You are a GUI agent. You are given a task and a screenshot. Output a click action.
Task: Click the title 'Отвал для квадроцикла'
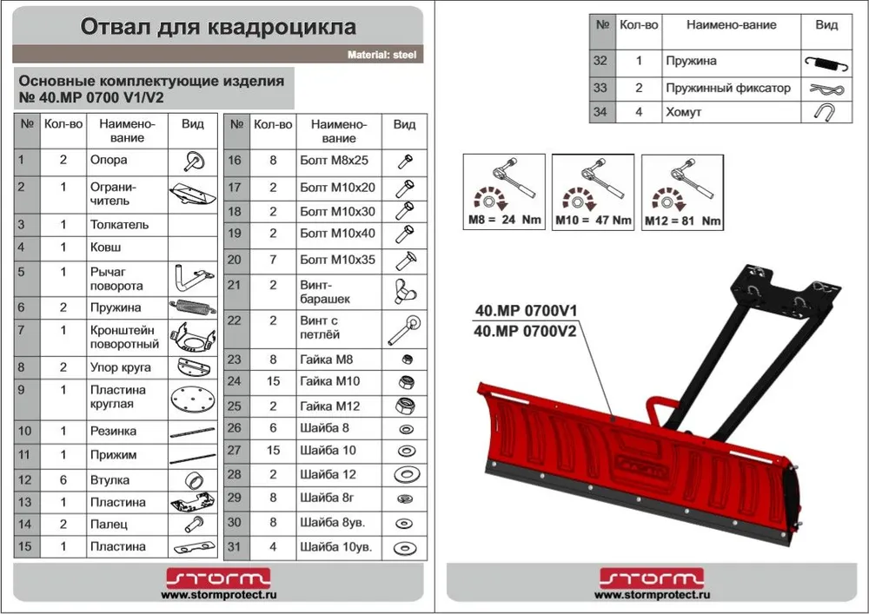pos(218,27)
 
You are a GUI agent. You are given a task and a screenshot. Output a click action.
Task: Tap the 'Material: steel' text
pos(381,55)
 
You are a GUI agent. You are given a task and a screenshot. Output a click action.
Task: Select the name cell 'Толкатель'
pos(120,225)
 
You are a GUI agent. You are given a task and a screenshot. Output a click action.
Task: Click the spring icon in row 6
pos(192,307)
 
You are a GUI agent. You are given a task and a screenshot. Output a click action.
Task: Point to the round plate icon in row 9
pos(192,399)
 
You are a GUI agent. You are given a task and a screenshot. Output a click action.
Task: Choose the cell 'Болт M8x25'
pos(335,161)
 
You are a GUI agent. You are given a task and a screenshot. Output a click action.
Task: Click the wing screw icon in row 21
pos(405,292)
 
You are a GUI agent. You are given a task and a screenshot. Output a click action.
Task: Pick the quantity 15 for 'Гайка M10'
pos(273,381)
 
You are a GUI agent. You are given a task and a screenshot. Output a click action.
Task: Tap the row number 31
pos(235,547)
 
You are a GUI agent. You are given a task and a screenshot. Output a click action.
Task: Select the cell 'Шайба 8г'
pos(327,498)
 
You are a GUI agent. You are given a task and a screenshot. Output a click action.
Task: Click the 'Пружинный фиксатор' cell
pos(728,88)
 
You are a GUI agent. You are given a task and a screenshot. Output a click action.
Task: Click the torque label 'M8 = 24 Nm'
pos(504,219)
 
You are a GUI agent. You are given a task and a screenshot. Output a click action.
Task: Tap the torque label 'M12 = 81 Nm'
pos(683,221)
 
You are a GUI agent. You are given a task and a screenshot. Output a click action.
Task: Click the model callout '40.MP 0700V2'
pos(525,332)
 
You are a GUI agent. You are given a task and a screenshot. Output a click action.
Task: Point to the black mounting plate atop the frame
pos(787,295)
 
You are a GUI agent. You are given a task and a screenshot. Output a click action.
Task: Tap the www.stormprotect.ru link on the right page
pos(652,595)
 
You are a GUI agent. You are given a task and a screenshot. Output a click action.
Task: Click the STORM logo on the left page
pos(218,578)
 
